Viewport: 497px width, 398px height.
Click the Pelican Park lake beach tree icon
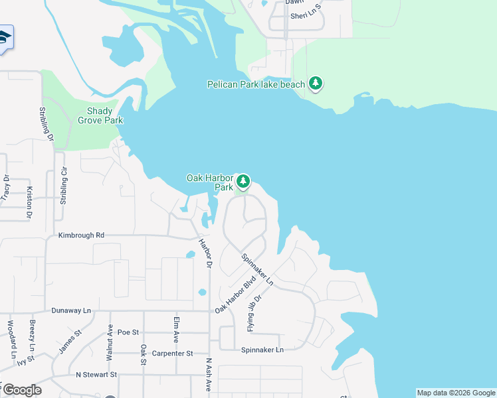pyautogui.click(x=316, y=84)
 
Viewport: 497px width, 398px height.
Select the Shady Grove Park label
pyautogui.click(x=100, y=116)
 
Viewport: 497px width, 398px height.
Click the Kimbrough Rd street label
pyautogui.click(x=81, y=235)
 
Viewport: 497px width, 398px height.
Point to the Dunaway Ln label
pyautogui.click(x=70, y=310)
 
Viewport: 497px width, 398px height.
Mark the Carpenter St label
pyautogui.click(x=171, y=354)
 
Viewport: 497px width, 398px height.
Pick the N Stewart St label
pyautogui.click(x=96, y=375)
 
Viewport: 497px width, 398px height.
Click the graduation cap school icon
pyautogui.click(x=4, y=39)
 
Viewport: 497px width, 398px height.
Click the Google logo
pyautogui.click(x=22, y=390)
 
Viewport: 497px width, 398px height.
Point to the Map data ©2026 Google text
pyautogui.click(x=456, y=393)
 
